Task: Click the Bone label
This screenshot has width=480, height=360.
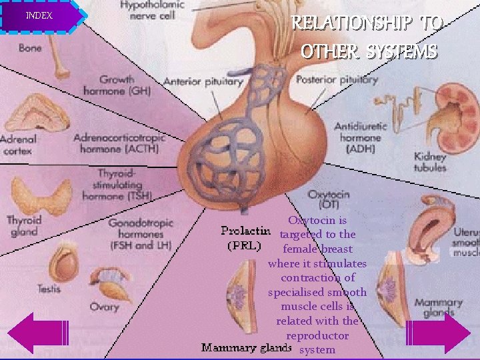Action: (30, 48)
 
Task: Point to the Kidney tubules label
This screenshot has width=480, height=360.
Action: (430, 163)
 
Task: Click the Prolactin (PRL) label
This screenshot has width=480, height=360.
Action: (245, 238)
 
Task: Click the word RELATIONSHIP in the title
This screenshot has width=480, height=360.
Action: (357, 24)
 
